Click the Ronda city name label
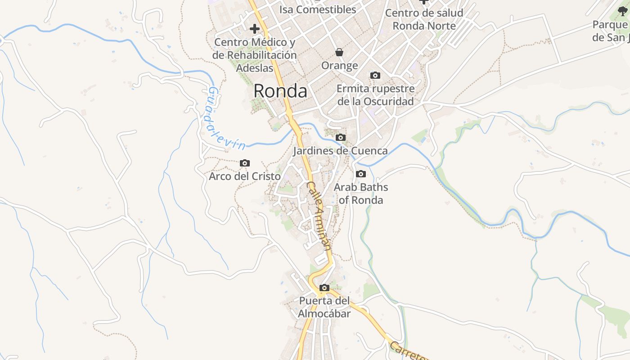click(x=280, y=91)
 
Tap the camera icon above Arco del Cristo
click(x=245, y=163)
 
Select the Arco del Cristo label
click(x=245, y=176)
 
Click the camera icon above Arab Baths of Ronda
click(x=360, y=174)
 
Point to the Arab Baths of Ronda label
click(x=361, y=193)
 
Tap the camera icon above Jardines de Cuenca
click(x=341, y=137)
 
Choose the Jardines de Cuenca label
click(x=341, y=151)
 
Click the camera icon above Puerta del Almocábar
click(x=324, y=288)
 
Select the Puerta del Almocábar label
click(x=324, y=307)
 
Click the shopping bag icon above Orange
click(x=339, y=53)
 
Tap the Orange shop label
click(x=339, y=66)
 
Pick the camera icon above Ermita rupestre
click(x=375, y=75)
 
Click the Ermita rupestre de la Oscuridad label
click(x=376, y=95)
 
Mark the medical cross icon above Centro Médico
click(x=255, y=29)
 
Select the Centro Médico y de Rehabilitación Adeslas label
click(x=255, y=55)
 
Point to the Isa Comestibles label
click(x=318, y=9)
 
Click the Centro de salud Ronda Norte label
click(x=424, y=19)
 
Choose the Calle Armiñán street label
click(x=319, y=216)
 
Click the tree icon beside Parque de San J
click(x=623, y=11)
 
